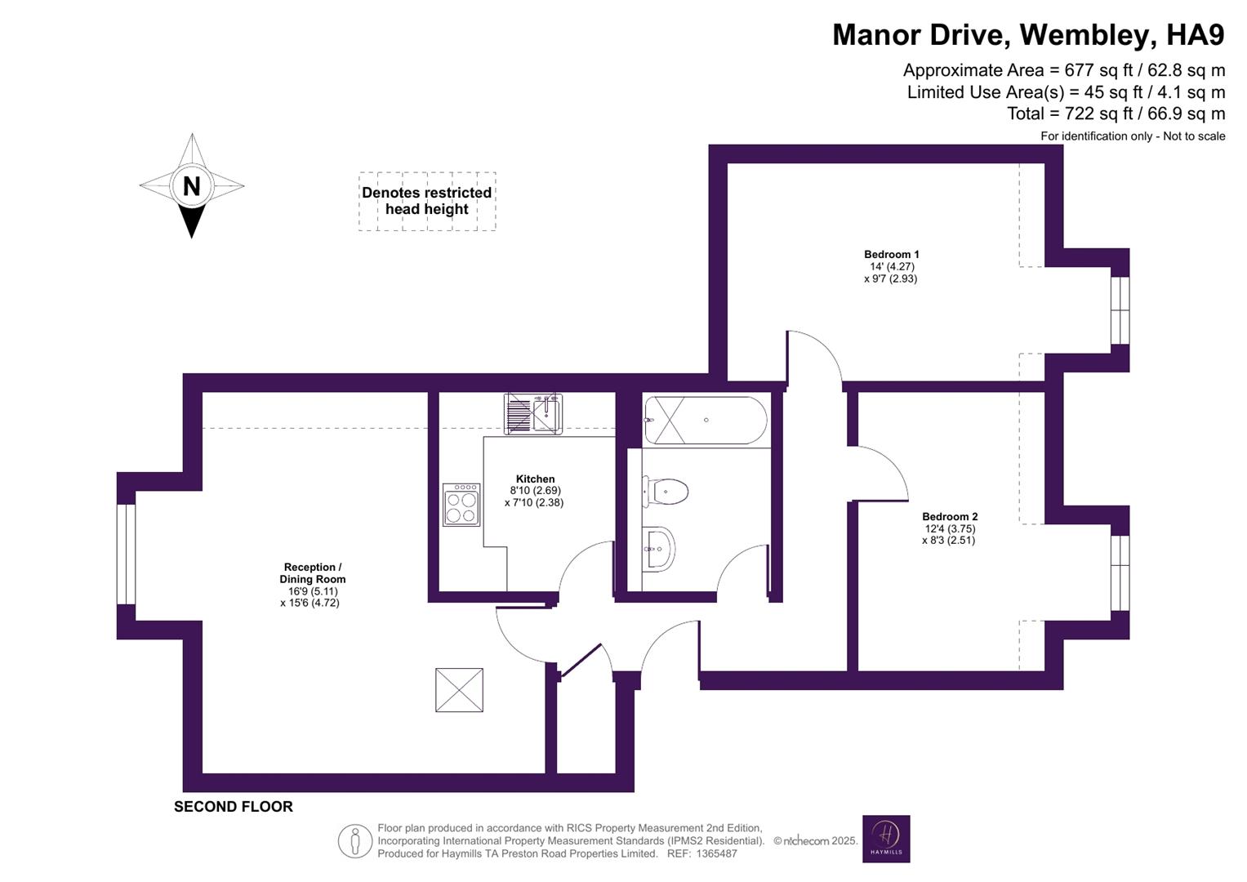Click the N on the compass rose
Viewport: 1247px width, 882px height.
191,186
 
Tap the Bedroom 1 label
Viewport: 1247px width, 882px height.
891,255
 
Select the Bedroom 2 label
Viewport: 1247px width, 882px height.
950,517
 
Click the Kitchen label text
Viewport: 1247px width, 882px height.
535,479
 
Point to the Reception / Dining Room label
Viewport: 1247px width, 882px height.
312,573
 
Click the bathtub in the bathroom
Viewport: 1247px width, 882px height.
706,420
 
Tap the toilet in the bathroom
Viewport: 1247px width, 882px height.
666,492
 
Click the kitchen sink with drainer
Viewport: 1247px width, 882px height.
532,413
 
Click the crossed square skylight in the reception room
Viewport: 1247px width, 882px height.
459,690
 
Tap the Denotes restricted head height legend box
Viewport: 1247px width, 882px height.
427,201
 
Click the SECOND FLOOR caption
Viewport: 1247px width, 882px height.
233,807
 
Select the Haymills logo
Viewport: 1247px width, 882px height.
886,839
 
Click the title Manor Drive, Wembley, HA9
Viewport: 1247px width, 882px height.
1028,35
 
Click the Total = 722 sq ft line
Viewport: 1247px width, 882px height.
1116,114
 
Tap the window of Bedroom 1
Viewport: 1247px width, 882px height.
1120,310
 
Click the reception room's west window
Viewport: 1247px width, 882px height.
126,555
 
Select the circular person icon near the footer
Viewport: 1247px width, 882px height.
355,840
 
